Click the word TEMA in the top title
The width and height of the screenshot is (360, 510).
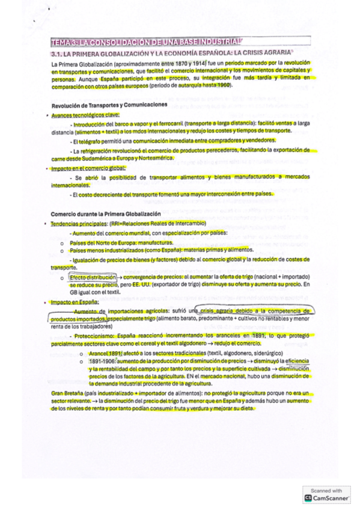pos(61,43)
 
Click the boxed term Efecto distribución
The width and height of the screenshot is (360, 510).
pos(92,277)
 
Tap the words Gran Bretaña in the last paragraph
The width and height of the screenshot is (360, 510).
pos(67,393)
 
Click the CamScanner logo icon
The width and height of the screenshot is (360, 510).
pos(309,498)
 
